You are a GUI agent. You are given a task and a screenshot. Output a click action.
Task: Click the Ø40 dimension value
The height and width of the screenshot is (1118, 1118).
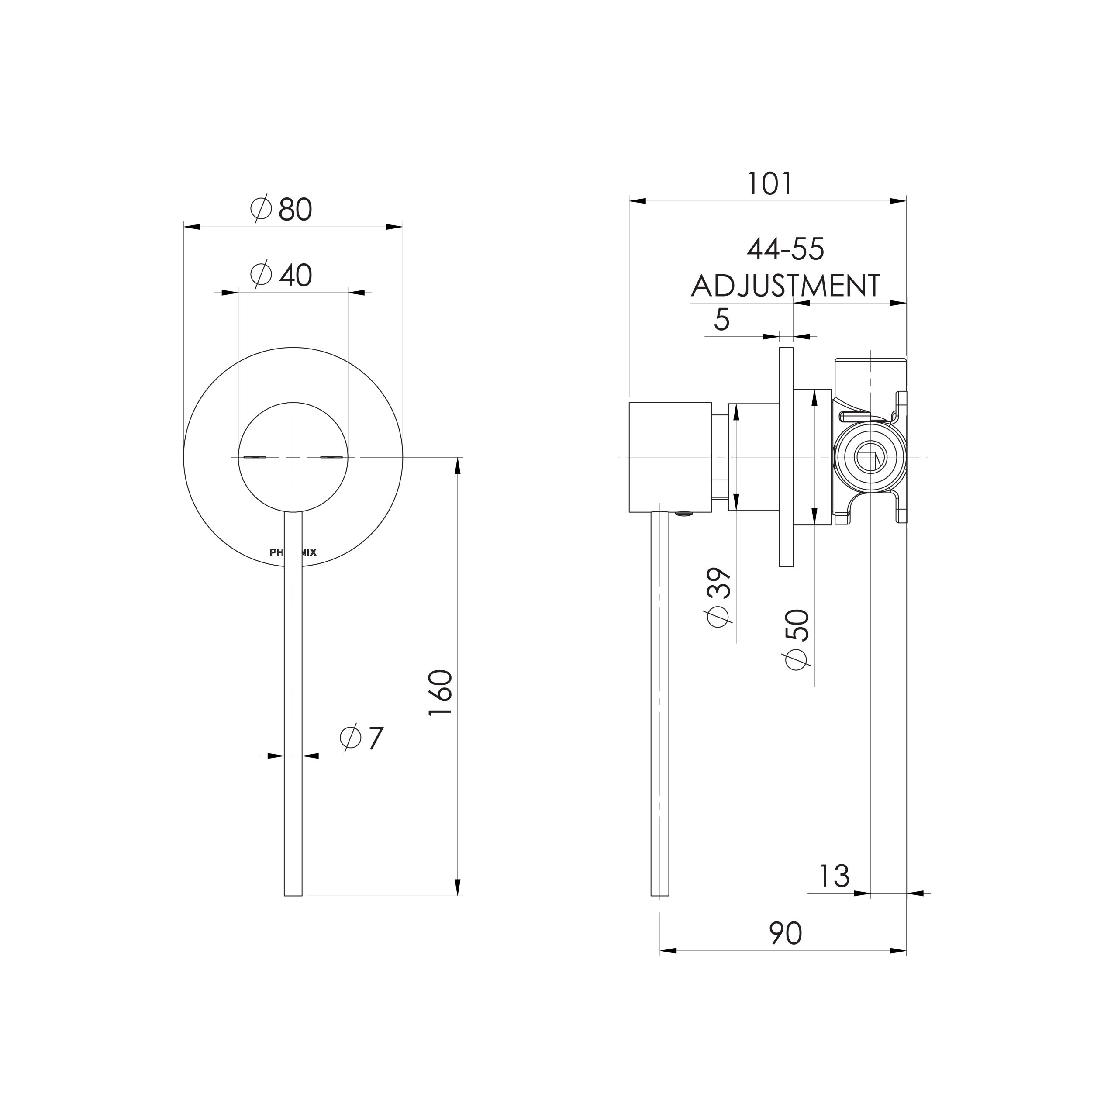(282, 276)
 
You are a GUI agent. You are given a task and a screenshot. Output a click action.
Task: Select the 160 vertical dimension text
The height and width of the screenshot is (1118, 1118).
(440, 693)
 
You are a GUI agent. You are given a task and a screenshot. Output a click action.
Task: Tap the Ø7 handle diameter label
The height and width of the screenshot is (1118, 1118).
(362, 738)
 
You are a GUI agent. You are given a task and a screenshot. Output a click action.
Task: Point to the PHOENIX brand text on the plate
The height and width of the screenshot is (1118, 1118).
(293, 552)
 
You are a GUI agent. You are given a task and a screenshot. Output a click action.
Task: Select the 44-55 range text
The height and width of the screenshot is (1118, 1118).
(785, 250)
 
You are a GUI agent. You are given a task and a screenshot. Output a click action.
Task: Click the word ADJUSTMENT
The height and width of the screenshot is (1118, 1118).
(785, 286)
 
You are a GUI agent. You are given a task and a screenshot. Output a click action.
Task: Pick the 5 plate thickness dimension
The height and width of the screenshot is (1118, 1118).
(721, 319)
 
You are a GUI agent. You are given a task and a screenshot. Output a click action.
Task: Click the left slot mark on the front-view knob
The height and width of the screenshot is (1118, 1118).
(255, 457)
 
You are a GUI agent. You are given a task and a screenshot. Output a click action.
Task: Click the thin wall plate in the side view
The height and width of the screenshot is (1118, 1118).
(786, 457)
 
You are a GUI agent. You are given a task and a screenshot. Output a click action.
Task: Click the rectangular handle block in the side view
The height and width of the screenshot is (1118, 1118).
(669, 457)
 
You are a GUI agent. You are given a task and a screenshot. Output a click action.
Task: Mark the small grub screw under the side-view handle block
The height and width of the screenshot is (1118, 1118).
(685, 513)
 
